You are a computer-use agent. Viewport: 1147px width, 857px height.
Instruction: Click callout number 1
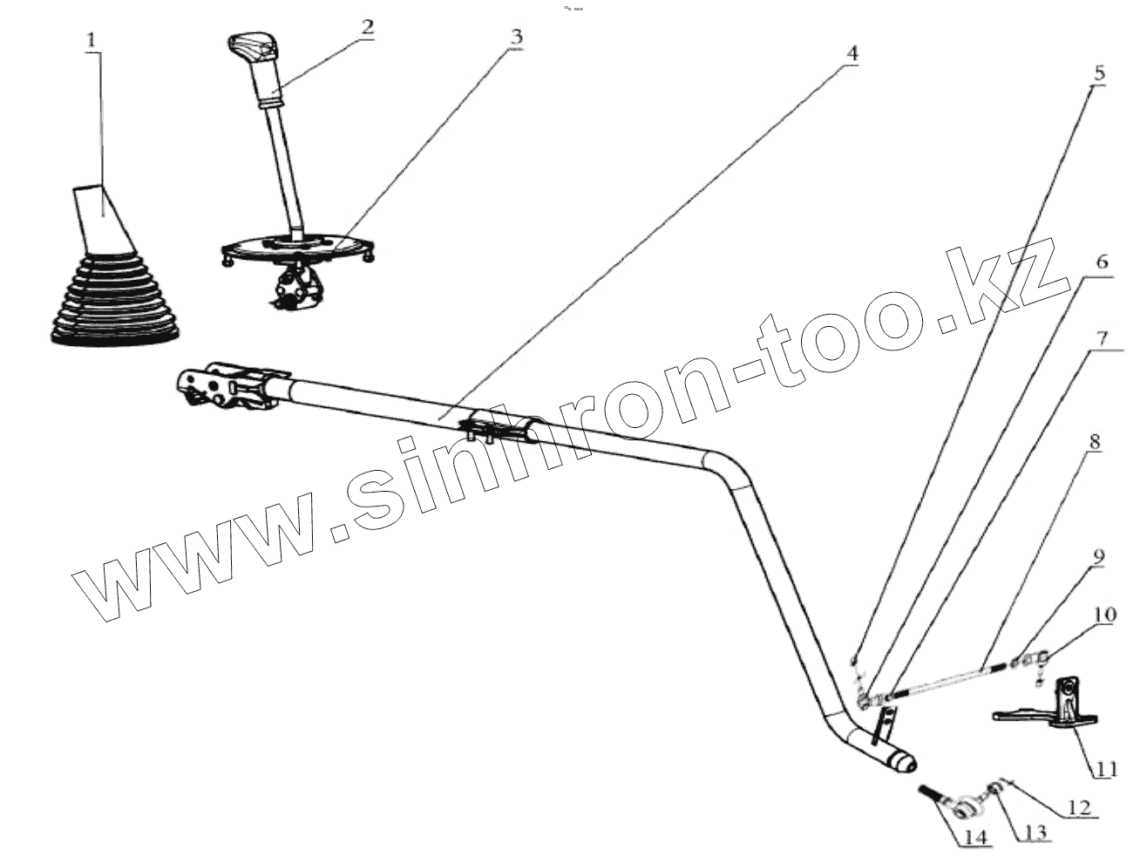93,41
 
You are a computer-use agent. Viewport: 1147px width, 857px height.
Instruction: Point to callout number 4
852,52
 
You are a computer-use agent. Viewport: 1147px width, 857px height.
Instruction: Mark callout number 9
1098,555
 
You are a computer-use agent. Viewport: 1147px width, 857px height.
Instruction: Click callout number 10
1103,615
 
